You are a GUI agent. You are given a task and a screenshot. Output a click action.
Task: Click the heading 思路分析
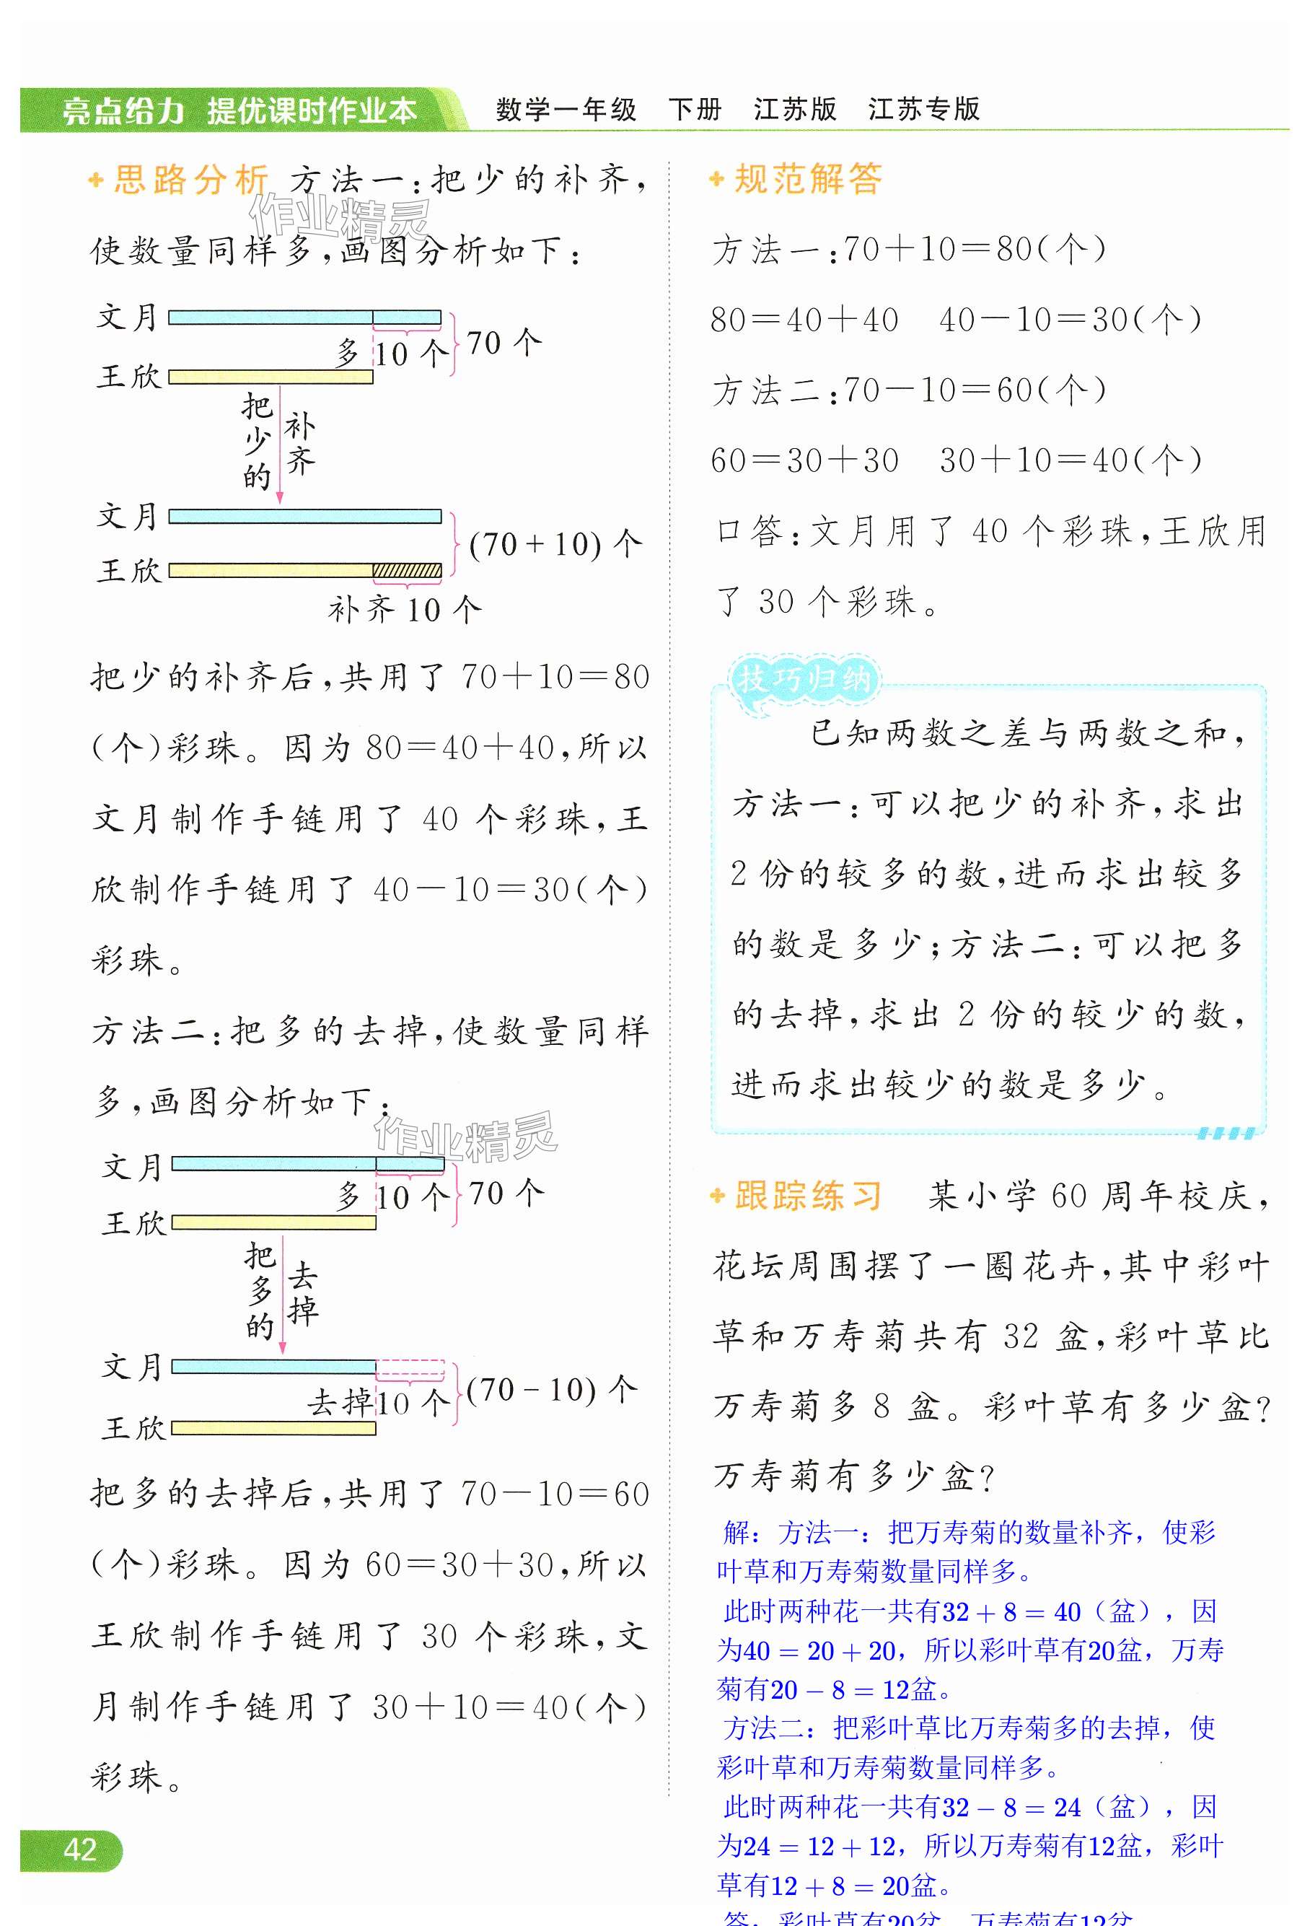click(x=190, y=179)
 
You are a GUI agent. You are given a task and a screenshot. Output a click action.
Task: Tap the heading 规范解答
click(x=808, y=179)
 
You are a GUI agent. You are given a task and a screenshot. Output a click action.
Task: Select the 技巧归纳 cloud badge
click(x=803, y=680)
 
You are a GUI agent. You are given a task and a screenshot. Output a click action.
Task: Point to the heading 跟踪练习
click(x=808, y=1196)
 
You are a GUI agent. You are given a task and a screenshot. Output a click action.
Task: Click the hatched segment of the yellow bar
click(x=407, y=570)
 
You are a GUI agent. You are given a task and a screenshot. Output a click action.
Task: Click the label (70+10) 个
click(x=555, y=545)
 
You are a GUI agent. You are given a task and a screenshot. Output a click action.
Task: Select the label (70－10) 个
click(x=552, y=1390)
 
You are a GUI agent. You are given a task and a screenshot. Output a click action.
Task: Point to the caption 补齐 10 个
click(x=405, y=610)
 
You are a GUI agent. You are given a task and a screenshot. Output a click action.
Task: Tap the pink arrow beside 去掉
click(x=283, y=1297)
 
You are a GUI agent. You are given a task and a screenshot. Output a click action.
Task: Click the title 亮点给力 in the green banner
click(x=123, y=110)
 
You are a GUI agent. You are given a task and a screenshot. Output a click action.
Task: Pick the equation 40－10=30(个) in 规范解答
click(x=1070, y=319)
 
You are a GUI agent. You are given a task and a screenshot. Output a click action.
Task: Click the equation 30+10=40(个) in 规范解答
click(x=1070, y=460)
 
